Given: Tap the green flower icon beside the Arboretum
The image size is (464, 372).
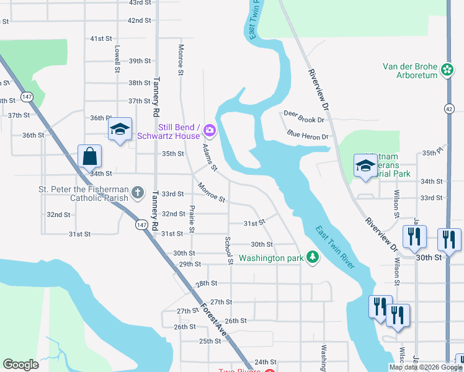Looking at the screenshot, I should (447, 71).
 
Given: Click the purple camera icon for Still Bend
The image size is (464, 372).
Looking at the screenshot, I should (210, 131).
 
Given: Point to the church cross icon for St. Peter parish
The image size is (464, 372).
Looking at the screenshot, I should (138, 193).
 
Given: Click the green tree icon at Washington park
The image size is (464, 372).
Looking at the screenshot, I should (313, 257).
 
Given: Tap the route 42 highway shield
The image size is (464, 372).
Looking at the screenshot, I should (448, 108).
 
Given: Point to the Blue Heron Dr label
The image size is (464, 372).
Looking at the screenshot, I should (307, 134).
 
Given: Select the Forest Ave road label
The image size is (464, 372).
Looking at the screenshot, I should (212, 322).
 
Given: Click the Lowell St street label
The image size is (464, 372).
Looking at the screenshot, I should (117, 59).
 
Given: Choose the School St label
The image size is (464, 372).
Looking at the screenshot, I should (228, 250).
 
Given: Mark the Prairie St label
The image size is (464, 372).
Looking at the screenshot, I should (192, 219).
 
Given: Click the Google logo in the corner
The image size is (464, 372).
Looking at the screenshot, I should (20, 365).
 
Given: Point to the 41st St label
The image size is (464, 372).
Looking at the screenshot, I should (100, 38).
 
